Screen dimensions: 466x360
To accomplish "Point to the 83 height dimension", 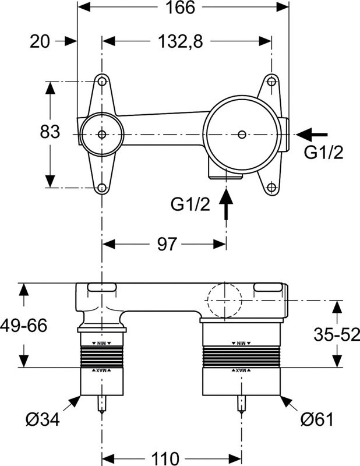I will (x=50, y=132).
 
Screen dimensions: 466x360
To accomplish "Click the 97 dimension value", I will (x=167, y=244).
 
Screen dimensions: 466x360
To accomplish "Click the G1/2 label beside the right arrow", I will (x=324, y=153).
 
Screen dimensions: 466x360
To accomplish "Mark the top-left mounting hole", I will (x=102, y=81).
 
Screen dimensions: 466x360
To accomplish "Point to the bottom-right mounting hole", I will (x=271, y=188).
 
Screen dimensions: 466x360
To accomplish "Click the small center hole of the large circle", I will (x=242, y=135).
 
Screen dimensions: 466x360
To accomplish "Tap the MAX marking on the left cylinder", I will (x=102, y=370).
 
